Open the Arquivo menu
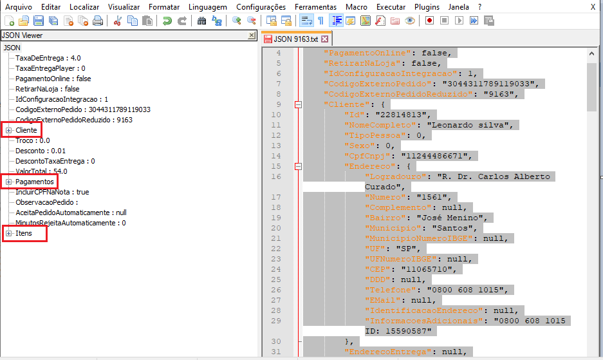[x=18, y=6]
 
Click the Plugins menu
[x=427, y=6]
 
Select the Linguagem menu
[x=207, y=6]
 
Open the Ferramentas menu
[x=315, y=6]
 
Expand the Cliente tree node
[x=9, y=131]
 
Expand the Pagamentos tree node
[x=9, y=182]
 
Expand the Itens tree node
[x=9, y=233]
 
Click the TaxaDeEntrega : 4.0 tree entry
[x=48, y=58]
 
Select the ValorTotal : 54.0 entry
[x=41, y=171]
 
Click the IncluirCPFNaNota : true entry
[x=52, y=192]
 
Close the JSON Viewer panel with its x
[x=251, y=36]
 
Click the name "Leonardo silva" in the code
[x=469, y=125]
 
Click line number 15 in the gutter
[x=277, y=166]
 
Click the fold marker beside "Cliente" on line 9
[x=297, y=104]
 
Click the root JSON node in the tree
[x=12, y=48]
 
